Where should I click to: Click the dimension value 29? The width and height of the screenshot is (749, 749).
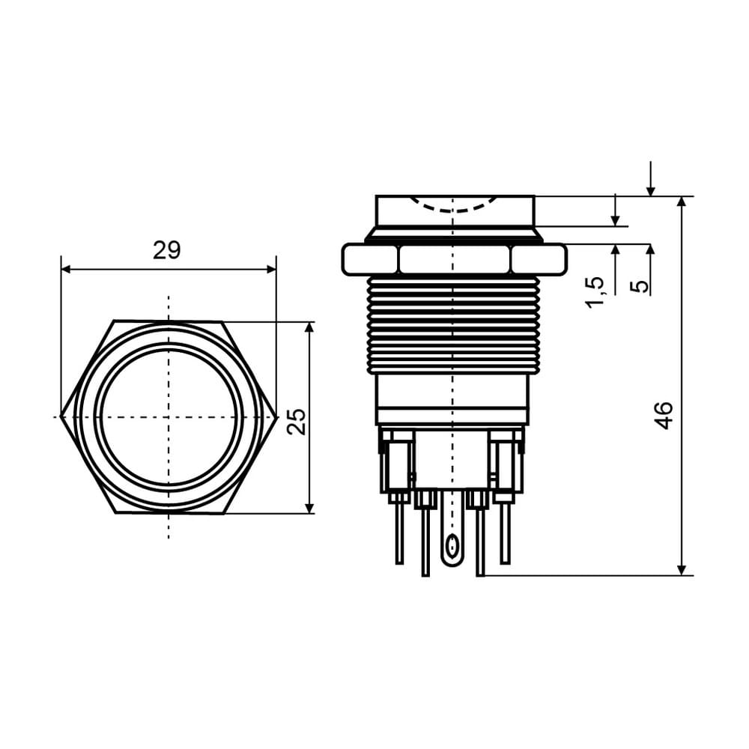(167, 250)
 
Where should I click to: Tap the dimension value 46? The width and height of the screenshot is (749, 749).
(664, 416)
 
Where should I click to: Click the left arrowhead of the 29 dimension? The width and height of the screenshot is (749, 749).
(67, 270)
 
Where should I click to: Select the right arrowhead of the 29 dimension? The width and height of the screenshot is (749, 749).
(271, 270)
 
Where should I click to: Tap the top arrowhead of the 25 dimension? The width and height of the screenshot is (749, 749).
(309, 327)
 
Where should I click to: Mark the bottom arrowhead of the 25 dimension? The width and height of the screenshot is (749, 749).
(309, 509)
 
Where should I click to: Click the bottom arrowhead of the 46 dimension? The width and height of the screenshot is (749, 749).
(682, 570)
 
